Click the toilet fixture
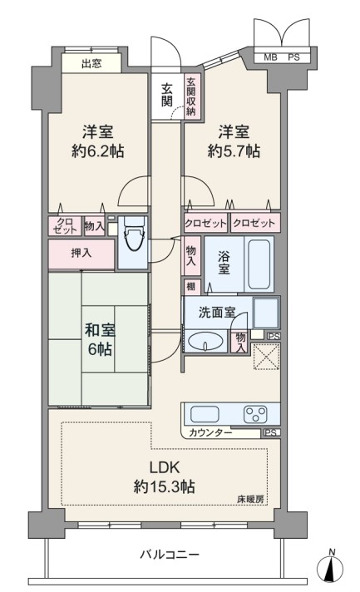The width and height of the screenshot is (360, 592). point(135,234)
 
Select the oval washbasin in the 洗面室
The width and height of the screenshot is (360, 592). point(205,342)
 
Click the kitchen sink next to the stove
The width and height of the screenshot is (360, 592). point(205,414)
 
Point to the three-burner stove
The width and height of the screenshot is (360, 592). point(255,414)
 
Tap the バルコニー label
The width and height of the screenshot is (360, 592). point(170,555)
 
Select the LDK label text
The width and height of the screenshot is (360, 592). point(165,467)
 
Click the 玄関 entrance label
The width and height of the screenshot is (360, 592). point(167,95)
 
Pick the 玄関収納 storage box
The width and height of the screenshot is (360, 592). point(192,96)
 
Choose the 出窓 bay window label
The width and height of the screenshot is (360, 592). point(91,63)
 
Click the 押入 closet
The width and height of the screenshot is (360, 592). point(81,254)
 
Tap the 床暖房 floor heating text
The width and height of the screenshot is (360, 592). point(250,499)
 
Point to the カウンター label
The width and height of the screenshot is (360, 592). point(210,432)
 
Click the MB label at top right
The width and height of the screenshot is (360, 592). point(270,57)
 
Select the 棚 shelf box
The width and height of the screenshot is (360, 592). point(191,287)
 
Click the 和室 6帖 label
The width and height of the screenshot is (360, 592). point(100,339)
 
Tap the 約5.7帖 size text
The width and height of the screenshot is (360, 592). point(234,151)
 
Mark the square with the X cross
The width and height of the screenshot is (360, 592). point(266,357)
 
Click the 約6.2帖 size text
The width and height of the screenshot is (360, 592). point(98,151)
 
